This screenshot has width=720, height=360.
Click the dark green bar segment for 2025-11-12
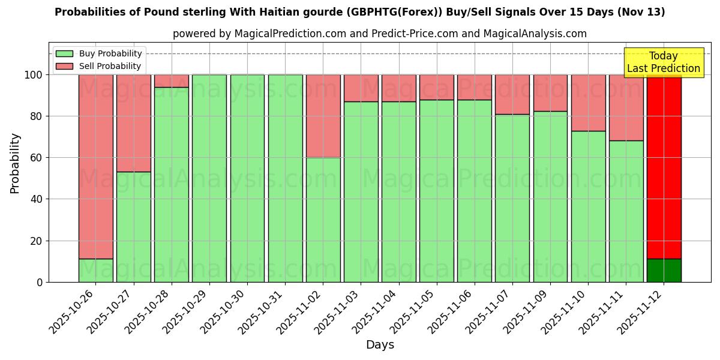664,271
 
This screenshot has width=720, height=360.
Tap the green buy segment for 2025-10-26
95,271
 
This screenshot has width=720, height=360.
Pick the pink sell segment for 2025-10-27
133,123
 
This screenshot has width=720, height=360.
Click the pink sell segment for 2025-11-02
323,116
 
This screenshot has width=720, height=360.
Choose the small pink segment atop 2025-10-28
172,81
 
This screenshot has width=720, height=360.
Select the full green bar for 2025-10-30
247,178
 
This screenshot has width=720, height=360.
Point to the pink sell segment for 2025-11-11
626,107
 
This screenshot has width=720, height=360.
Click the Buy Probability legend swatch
64,54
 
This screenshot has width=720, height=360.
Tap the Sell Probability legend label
110,66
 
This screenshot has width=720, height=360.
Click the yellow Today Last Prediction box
664,62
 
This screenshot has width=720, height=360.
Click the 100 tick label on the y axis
33,75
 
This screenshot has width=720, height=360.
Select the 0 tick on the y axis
40,282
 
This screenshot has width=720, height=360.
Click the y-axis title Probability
15,163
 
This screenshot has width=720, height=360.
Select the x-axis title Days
380,345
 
